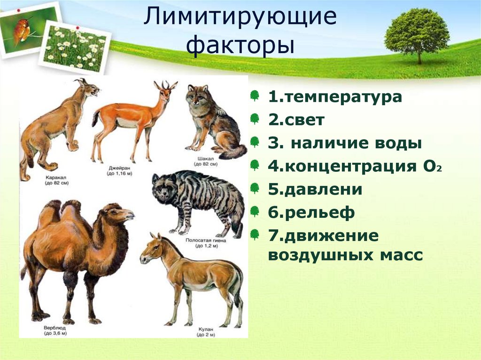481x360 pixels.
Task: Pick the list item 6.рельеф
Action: [x=311, y=213]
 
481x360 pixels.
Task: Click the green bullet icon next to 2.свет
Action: [x=255, y=119]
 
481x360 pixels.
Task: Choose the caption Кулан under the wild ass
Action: [x=203, y=329]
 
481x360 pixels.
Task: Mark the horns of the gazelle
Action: [x=166, y=85]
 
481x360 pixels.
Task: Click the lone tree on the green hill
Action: [x=417, y=33]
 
